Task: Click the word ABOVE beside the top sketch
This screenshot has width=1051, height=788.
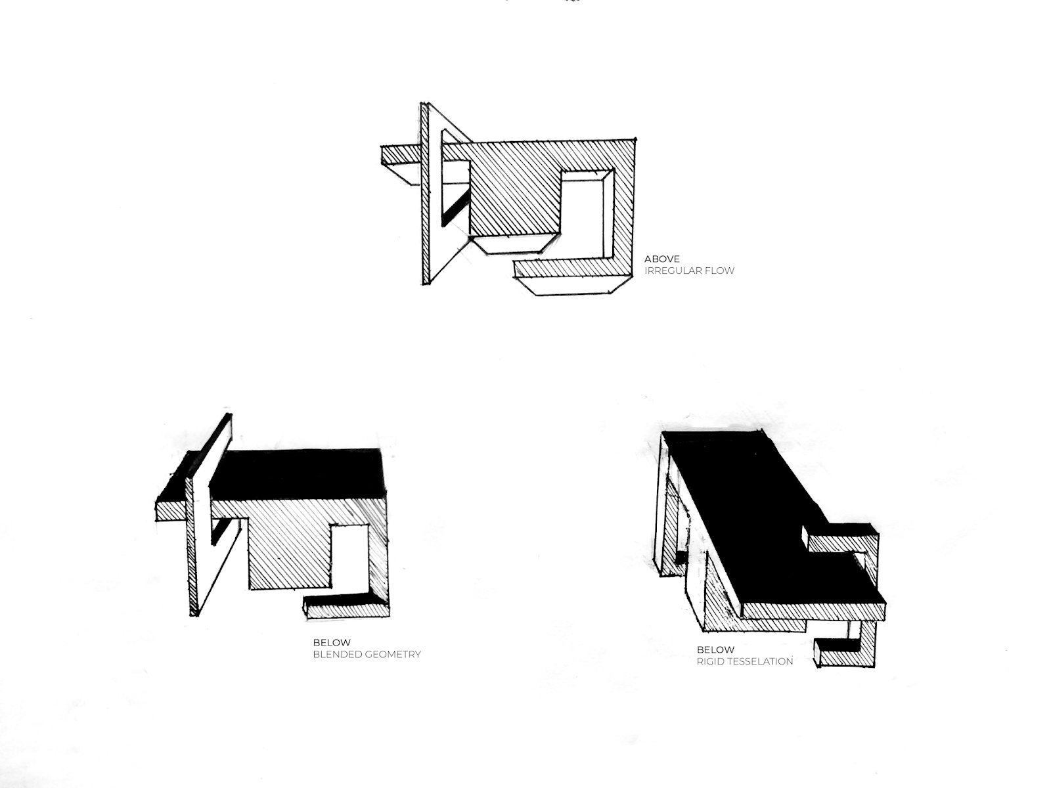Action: pos(661,259)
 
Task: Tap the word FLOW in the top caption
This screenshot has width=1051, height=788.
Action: pos(721,271)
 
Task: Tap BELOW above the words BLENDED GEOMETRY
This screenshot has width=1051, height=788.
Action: pos(332,643)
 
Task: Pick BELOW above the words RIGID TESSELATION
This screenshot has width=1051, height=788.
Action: pos(716,649)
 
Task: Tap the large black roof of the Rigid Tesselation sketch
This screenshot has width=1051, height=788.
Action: pos(761,517)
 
